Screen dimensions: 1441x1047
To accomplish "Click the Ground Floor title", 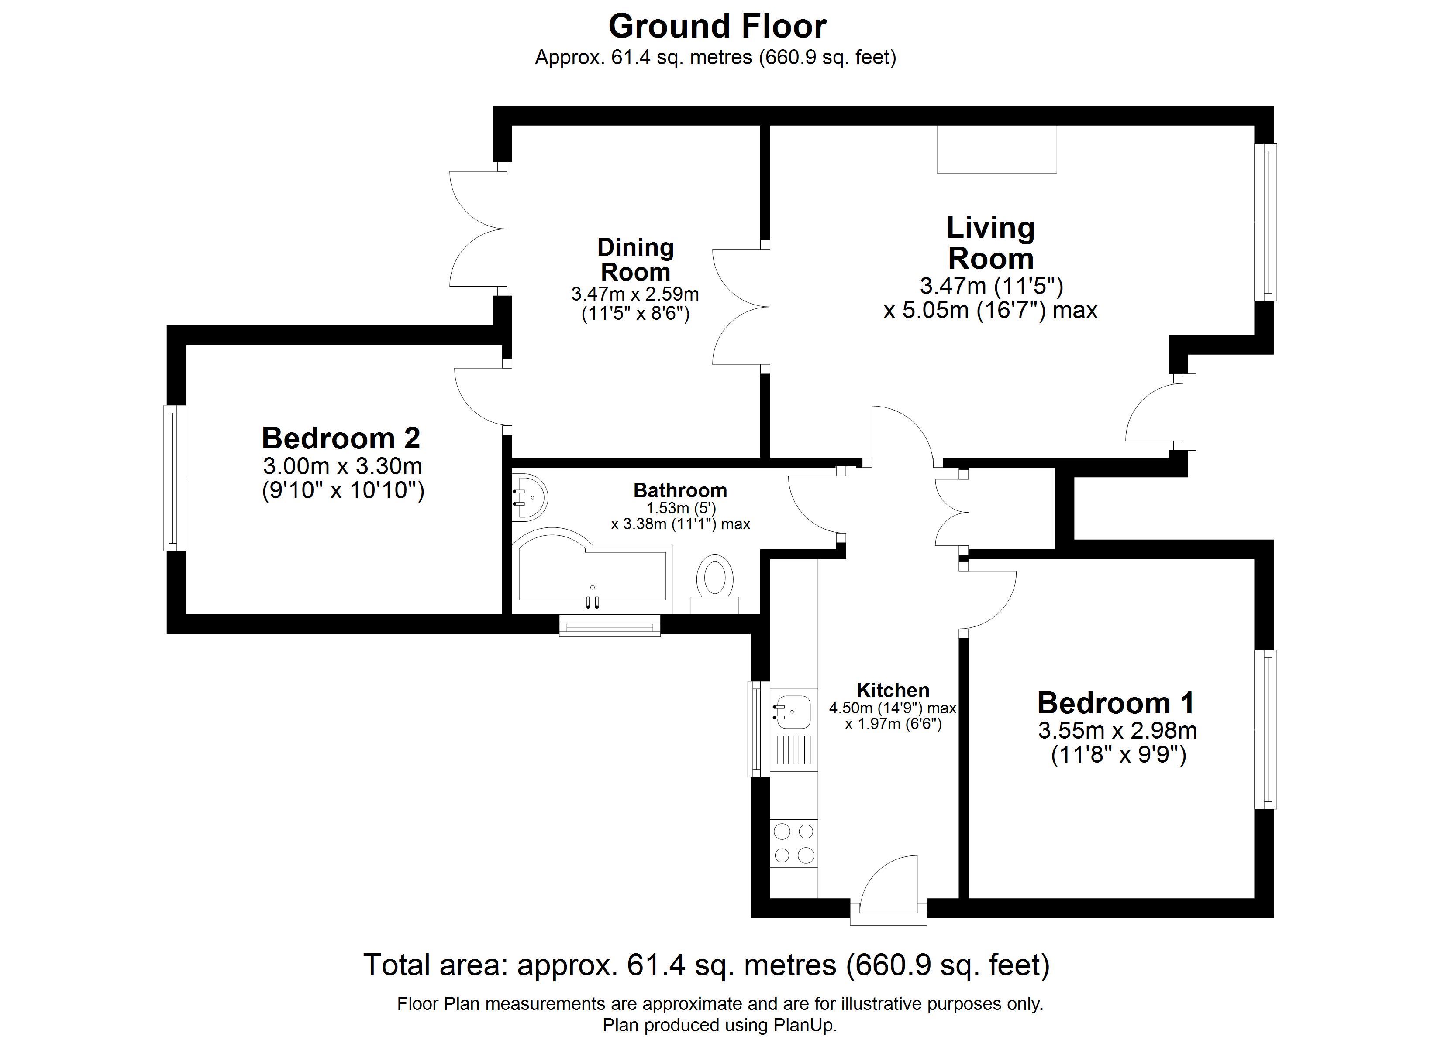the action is pos(717,27).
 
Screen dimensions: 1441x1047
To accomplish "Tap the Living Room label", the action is pos(990,243).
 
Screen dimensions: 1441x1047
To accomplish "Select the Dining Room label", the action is pos(635,259).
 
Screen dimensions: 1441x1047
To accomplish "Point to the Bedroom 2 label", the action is pos(341,438).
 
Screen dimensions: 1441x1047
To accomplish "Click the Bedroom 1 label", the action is pos(1116,703).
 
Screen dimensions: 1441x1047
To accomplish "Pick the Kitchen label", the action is pos(893,690).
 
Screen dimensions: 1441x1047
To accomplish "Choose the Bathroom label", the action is pos(680,490).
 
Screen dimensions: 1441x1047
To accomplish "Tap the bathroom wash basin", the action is pos(529,496).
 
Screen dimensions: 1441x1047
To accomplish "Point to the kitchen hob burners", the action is pos(793,843).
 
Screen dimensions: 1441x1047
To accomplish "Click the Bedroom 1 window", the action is pos(1265,729).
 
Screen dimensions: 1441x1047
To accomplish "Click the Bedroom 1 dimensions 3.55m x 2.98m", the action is pos(1117,731).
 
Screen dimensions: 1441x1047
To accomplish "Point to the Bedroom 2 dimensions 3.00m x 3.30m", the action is pos(342,466).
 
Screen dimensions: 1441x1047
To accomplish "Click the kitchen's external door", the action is pos(888,889).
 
